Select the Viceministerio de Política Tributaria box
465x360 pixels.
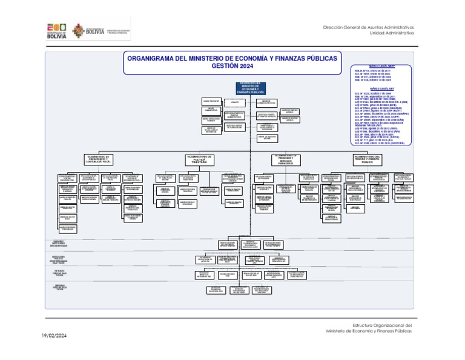199,160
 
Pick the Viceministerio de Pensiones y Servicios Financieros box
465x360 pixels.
285,160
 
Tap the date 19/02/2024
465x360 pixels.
54,335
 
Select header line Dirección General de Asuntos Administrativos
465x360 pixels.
369,27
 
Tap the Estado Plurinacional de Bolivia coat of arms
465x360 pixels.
79,31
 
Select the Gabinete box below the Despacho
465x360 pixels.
234,102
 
